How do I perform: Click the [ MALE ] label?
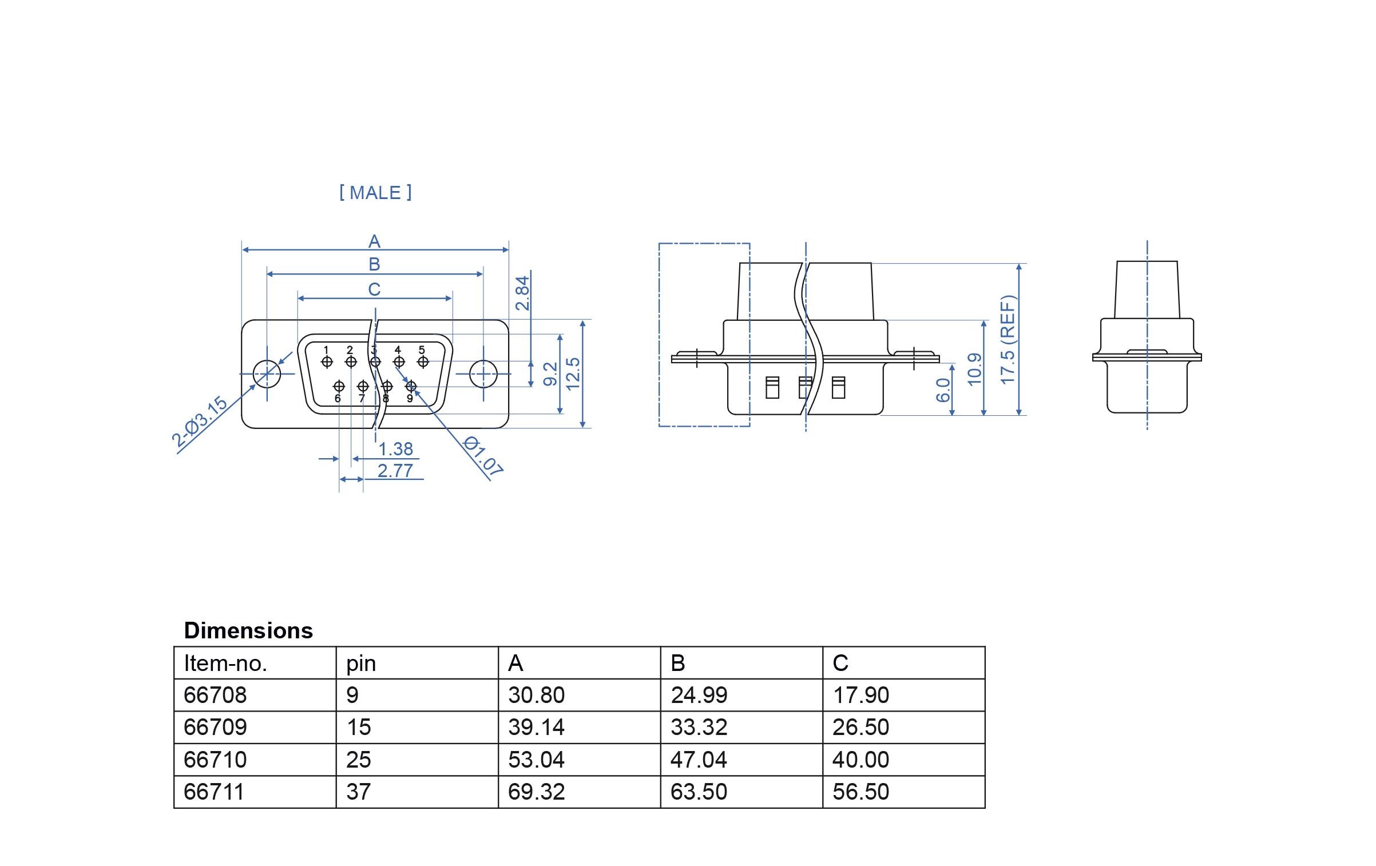click(375, 193)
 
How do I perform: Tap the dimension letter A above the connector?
click(374, 241)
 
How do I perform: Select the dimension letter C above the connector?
click(374, 289)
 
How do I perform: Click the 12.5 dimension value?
click(573, 374)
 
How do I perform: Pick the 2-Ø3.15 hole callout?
click(200, 422)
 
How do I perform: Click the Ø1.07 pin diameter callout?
click(482, 456)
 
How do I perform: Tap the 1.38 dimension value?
click(395, 449)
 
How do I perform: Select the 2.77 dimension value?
click(395, 471)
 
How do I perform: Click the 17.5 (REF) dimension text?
click(1008, 340)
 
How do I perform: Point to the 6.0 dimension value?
click(943, 390)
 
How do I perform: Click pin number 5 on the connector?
click(422, 350)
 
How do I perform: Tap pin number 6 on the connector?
click(338, 398)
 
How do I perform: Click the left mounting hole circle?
click(267, 374)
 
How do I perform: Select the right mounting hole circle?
click(483, 374)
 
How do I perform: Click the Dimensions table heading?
click(248, 630)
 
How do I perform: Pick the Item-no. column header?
click(225, 664)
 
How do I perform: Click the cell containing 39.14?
click(536, 728)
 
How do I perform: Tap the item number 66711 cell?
click(214, 792)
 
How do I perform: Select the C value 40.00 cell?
click(861, 760)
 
